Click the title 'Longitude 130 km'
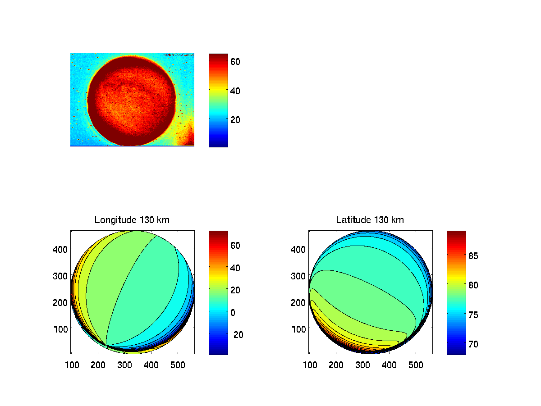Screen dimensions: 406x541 pyautogui.click(x=132, y=220)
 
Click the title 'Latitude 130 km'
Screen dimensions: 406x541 pyautogui.click(x=370, y=220)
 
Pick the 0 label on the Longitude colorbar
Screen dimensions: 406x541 pyautogui.click(x=233, y=312)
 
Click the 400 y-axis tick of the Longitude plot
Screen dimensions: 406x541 pyautogui.click(x=60, y=249)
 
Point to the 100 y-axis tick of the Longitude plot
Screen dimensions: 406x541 pyautogui.click(x=60, y=328)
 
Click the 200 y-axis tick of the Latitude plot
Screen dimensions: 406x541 pyautogui.click(x=298, y=302)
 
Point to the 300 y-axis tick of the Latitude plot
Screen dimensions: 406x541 pyautogui.click(x=298, y=275)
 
